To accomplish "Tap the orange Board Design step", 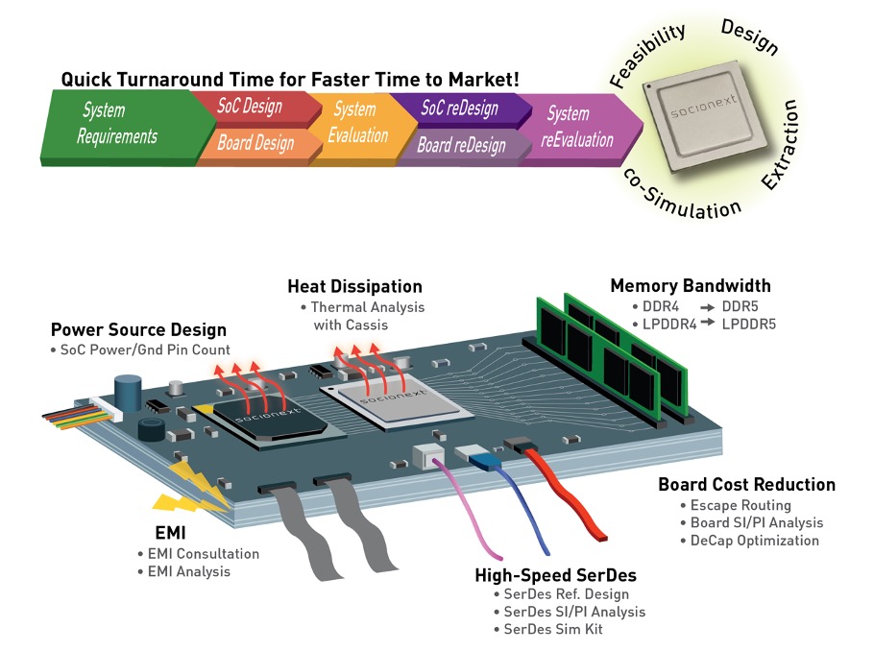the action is [256, 146].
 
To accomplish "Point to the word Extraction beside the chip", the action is [780, 145].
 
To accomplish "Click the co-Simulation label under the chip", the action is [681, 195].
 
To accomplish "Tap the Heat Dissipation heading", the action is [355, 286].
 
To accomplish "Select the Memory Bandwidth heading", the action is [691, 286].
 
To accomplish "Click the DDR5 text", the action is [740, 306].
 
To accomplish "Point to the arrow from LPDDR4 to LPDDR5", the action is [708, 323].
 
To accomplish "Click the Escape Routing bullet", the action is [736, 505].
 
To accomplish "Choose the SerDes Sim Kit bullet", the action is [548, 629].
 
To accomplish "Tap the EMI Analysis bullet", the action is [184, 572].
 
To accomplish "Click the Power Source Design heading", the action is [139, 330].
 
